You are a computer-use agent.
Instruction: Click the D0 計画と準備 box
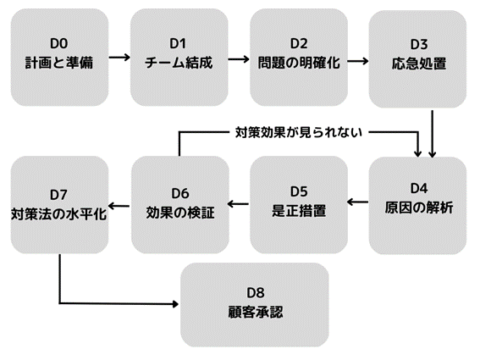tap(59, 53)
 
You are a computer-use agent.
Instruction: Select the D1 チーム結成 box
tap(179, 53)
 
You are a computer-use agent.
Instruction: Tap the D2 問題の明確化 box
tap(299, 53)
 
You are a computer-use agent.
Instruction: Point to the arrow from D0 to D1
tap(119, 58)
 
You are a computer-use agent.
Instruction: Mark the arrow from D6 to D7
tap(120, 202)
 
